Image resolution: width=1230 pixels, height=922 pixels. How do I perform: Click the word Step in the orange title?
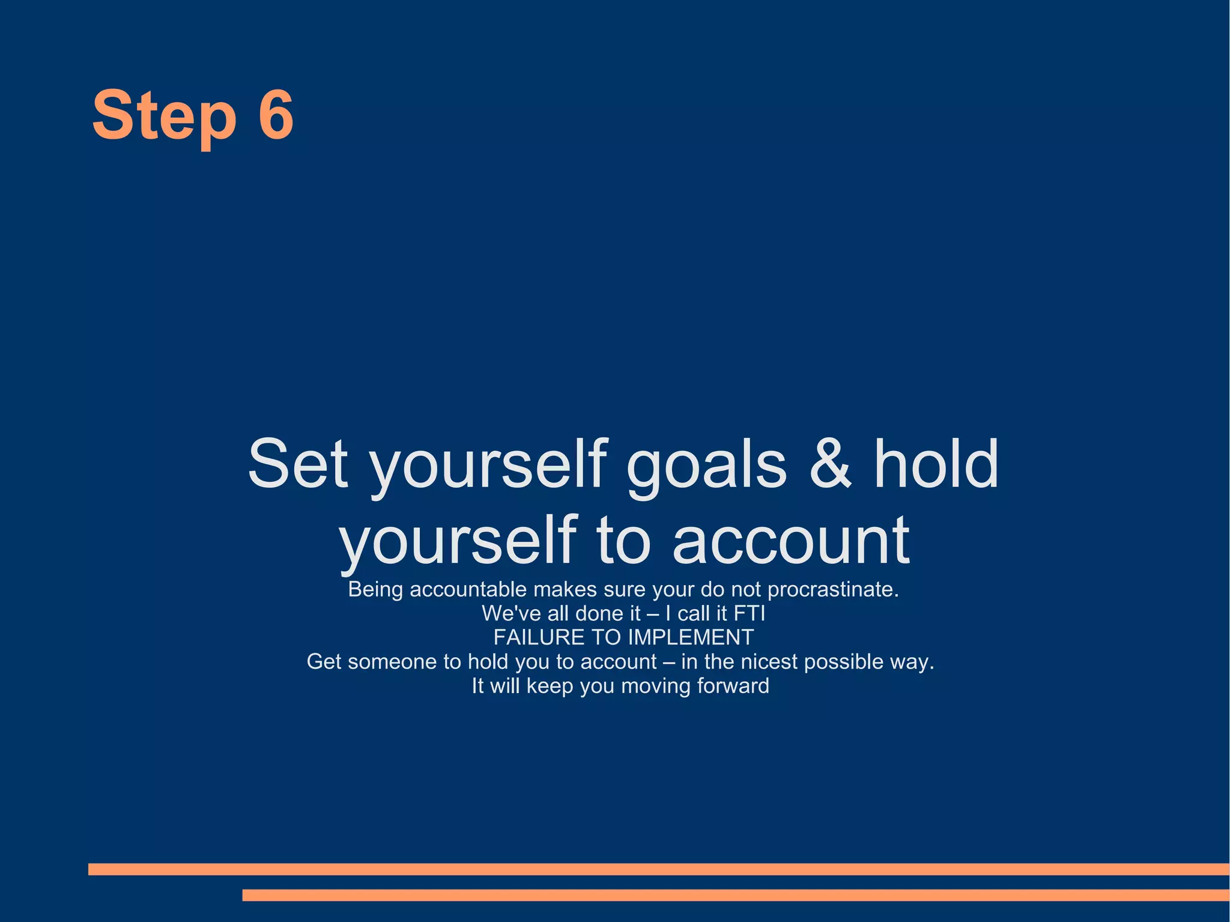coord(163,115)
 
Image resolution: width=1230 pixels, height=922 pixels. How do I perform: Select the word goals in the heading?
coord(706,466)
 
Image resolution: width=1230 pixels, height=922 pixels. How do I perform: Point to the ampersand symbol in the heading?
coord(831,463)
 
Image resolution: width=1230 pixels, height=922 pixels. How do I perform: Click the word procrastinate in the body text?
coord(832,589)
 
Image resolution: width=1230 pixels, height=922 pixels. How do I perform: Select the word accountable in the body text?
coord(468,589)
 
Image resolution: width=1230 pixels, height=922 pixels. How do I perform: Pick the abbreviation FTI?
coord(750,613)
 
